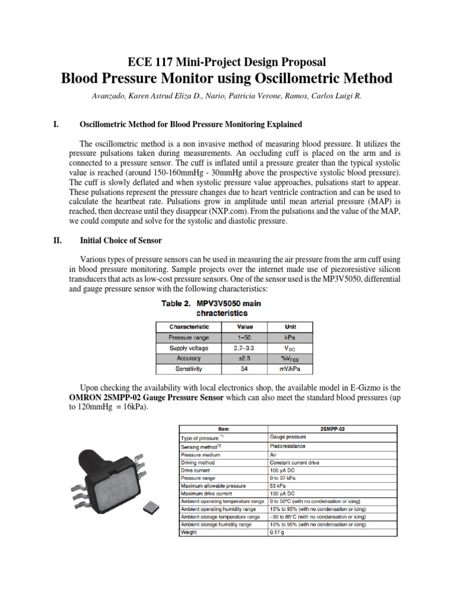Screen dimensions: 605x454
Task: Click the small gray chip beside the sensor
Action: [x=150, y=505]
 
